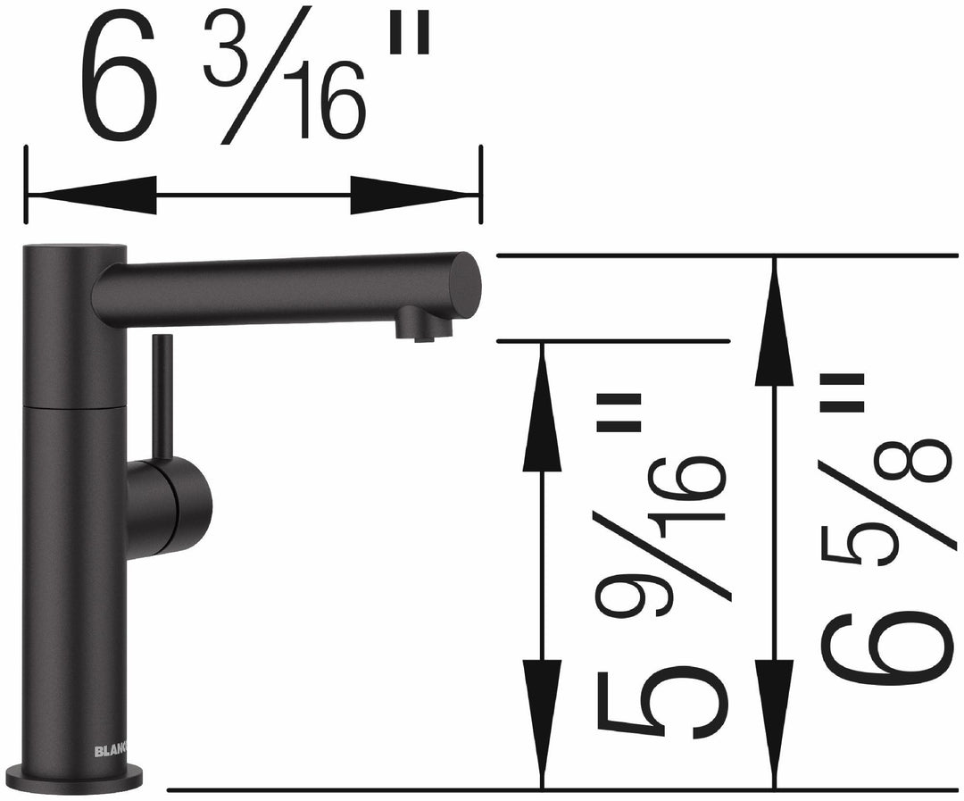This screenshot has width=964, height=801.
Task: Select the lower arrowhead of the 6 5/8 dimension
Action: pyautogui.click(x=774, y=714)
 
